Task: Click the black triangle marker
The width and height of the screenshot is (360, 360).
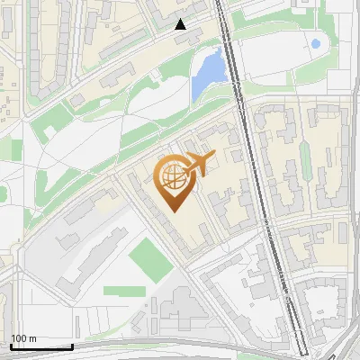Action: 181,24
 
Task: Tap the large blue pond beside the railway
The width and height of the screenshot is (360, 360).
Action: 208,74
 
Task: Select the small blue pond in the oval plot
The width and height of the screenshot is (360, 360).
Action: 315,42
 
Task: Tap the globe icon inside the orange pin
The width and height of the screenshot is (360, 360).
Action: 173,177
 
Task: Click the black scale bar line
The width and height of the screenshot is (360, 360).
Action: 41,346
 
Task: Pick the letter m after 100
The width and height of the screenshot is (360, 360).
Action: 32,338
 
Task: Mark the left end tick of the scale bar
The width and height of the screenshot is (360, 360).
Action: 11,345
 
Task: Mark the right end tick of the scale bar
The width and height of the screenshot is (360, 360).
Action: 72,345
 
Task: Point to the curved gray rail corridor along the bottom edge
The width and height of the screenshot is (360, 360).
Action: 180,347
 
